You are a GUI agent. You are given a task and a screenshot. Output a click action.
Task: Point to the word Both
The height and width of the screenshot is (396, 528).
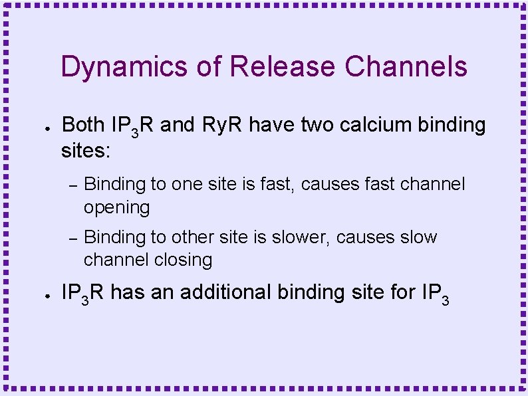point(83,124)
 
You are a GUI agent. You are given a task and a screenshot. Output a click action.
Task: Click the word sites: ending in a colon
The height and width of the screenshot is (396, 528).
point(85,151)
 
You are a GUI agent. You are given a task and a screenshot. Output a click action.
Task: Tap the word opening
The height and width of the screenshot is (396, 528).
point(116,207)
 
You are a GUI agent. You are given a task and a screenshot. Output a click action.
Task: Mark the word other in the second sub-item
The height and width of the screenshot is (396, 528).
point(195,237)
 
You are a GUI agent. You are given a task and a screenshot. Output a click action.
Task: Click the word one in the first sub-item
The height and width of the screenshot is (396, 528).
point(186,184)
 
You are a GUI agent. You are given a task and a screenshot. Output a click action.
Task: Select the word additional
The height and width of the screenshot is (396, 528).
point(225,292)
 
